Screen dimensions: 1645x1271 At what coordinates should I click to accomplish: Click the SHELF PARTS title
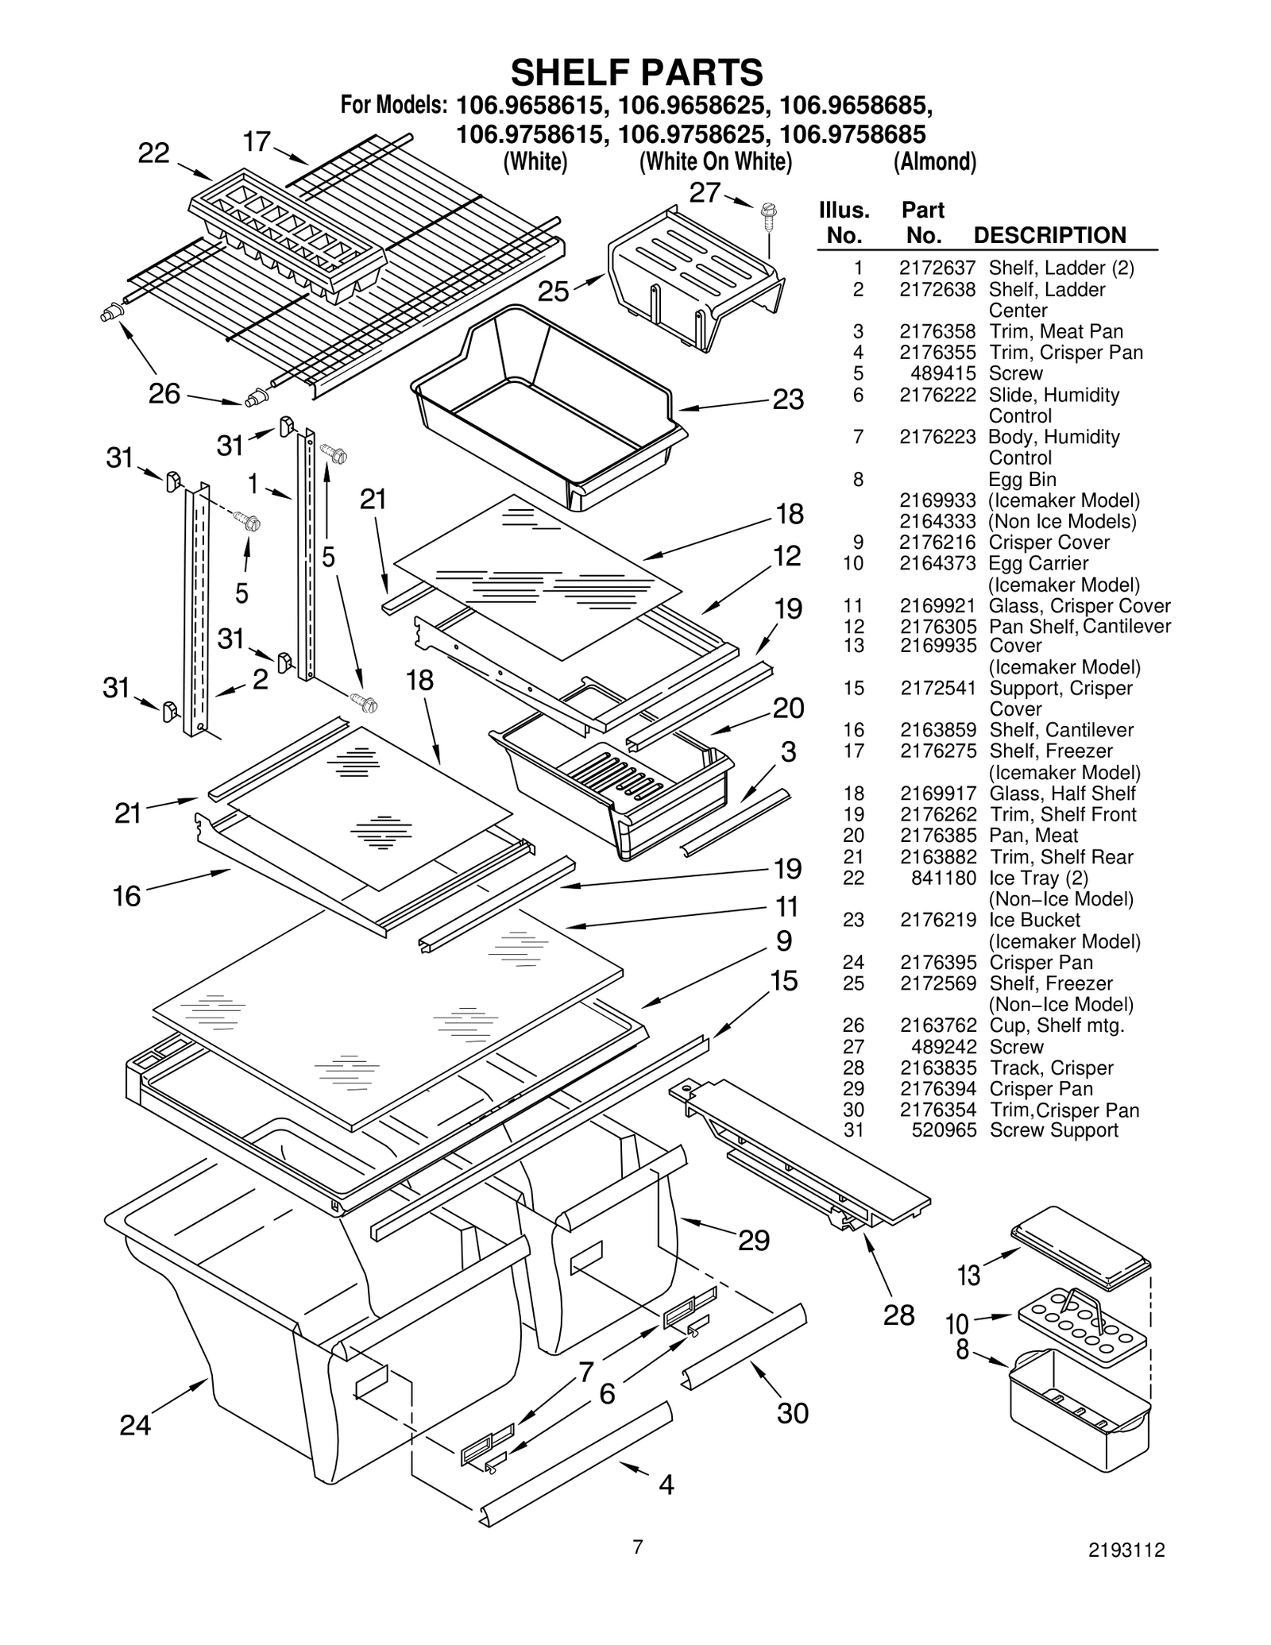(636, 72)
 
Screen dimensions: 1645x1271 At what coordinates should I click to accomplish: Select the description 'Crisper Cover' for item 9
(1049, 543)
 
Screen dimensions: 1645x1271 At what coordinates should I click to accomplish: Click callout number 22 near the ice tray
(153, 153)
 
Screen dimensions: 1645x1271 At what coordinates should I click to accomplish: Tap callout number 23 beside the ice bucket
(788, 399)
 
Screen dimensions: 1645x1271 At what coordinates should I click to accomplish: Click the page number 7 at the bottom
(637, 1546)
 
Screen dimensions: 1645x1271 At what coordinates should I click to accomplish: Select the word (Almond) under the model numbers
(934, 161)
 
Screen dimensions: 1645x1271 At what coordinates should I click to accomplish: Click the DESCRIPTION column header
(1049, 235)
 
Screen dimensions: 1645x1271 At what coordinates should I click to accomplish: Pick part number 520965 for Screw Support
(944, 1130)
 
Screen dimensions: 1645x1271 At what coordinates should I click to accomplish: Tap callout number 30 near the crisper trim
(792, 1412)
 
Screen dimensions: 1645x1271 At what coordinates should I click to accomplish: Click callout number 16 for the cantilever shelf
(127, 896)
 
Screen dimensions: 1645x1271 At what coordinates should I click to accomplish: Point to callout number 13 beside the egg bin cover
(968, 1275)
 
